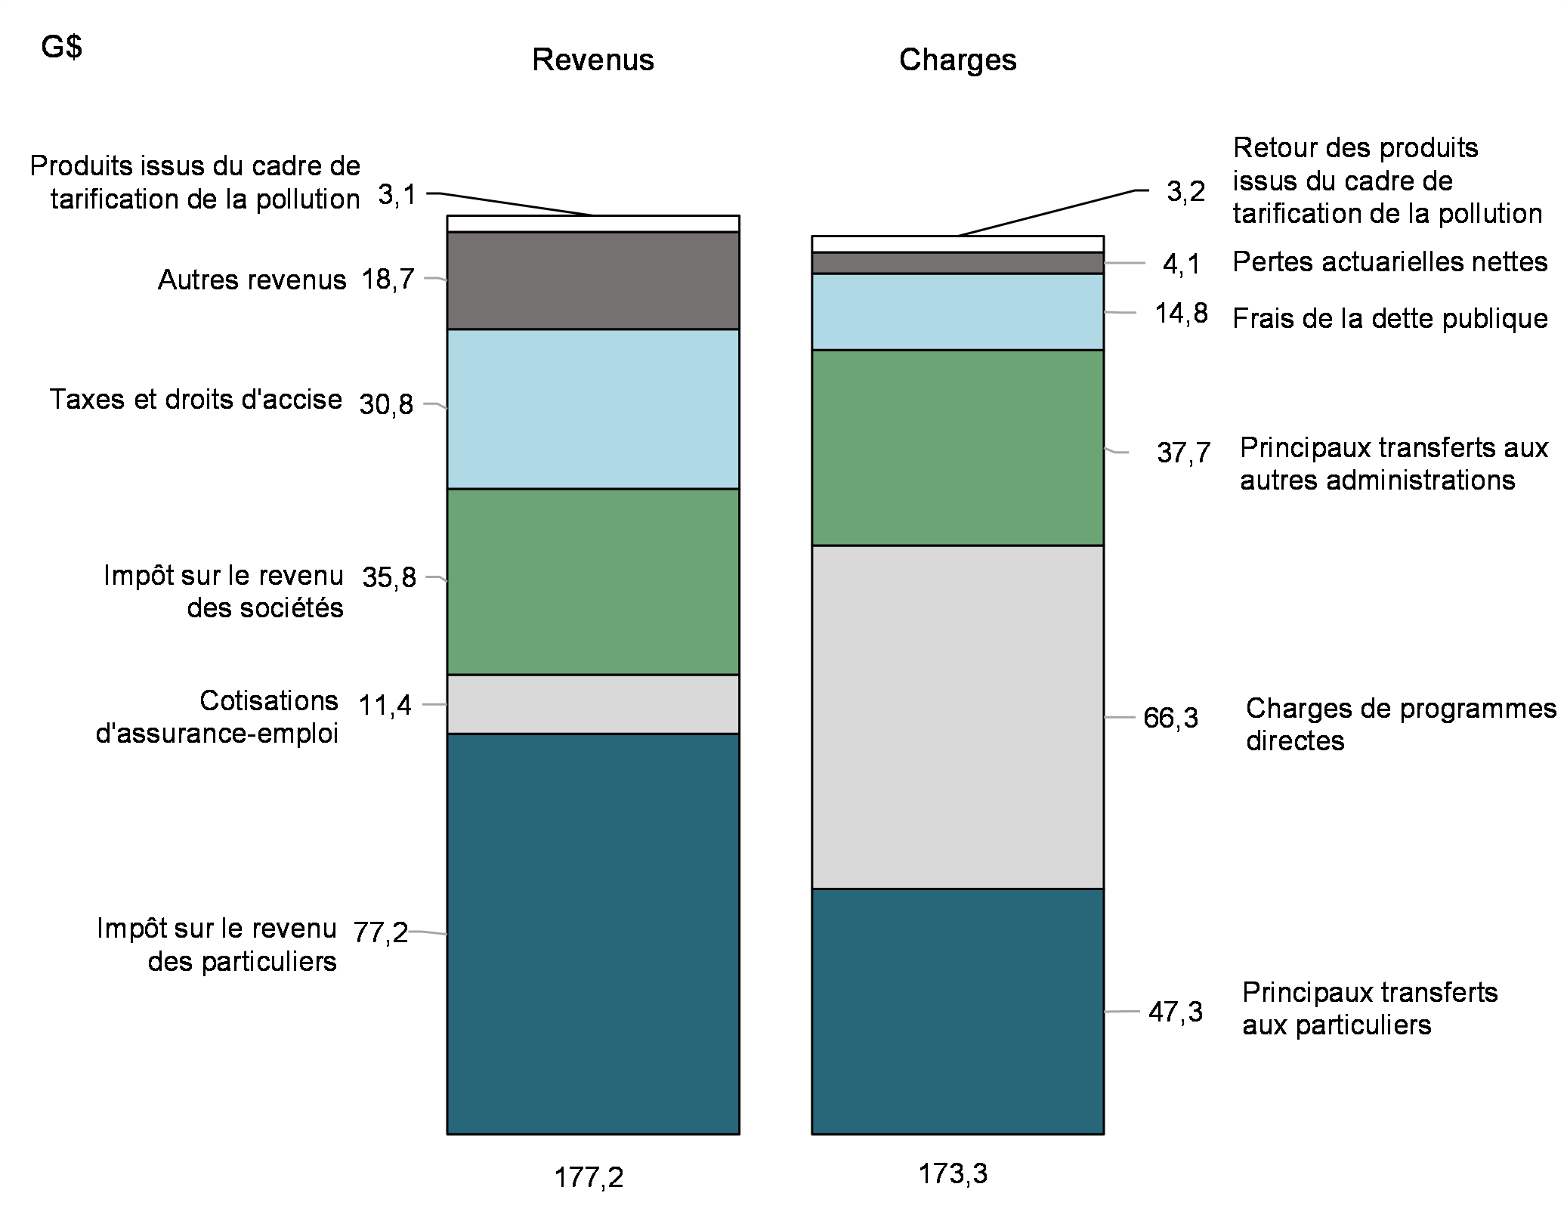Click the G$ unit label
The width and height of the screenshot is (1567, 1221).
pyautogui.click(x=62, y=48)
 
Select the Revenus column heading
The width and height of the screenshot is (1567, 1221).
pyautogui.click(x=593, y=60)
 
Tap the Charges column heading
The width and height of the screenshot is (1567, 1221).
pyautogui.click(x=957, y=60)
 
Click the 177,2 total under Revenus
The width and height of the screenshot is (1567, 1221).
pyautogui.click(x=589, y=1178)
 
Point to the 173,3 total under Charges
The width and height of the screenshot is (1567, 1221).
pyautogui.click(x=953, y=1173)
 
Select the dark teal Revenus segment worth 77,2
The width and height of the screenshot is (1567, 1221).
pyautogui.click(x=593, y=933)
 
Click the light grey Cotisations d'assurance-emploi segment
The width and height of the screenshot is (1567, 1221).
pyautogui.click(x=593, y=704)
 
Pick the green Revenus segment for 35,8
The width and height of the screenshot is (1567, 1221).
pyautogui.click(x=593, y=581)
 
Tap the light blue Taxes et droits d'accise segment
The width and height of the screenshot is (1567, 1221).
pyautogui.click(x=593, y=409)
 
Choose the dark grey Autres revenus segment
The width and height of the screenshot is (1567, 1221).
pyautogui.click(x=593, y=280)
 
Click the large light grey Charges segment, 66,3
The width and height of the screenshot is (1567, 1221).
pyautogui.click(x=957, y=716)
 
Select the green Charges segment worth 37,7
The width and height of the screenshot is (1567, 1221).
pyautogui.click(x=957, y=447)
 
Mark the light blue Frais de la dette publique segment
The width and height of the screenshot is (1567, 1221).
pyautogui.click(x=957, y=311)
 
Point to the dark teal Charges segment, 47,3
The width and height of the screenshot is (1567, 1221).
pyautogui.click(x=957, y=1011)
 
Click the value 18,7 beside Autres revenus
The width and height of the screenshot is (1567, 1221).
pyautogui.click(x=388, y=280)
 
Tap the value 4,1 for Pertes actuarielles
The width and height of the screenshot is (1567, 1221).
pyautogui.click(x=1181, y=264)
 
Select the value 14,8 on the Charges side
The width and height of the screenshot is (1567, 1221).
pyautogui.click(x=1181, y=313)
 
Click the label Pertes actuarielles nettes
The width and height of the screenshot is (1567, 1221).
pyautogui.click(x=1389, y=262)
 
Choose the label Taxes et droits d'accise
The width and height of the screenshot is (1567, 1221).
pyautogui.click(x=196, y=399)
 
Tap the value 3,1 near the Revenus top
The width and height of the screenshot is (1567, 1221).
pyautogui.click(x=397, y=195)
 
